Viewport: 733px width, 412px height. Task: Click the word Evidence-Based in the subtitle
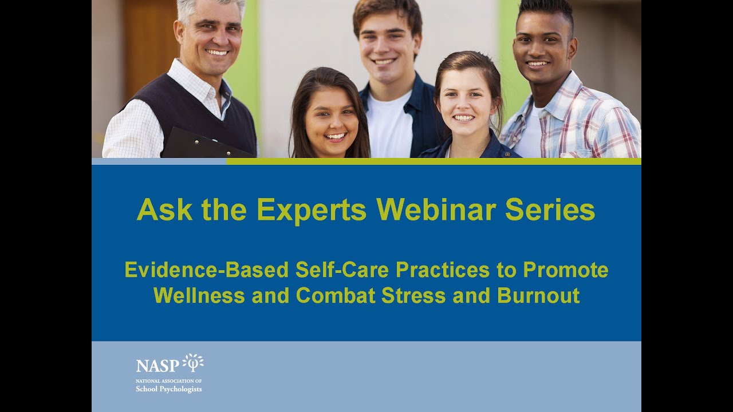[x=207, y=270]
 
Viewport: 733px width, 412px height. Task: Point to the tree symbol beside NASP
[x=193, y=362]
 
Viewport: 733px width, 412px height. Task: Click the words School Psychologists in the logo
[x=168, y=389]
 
